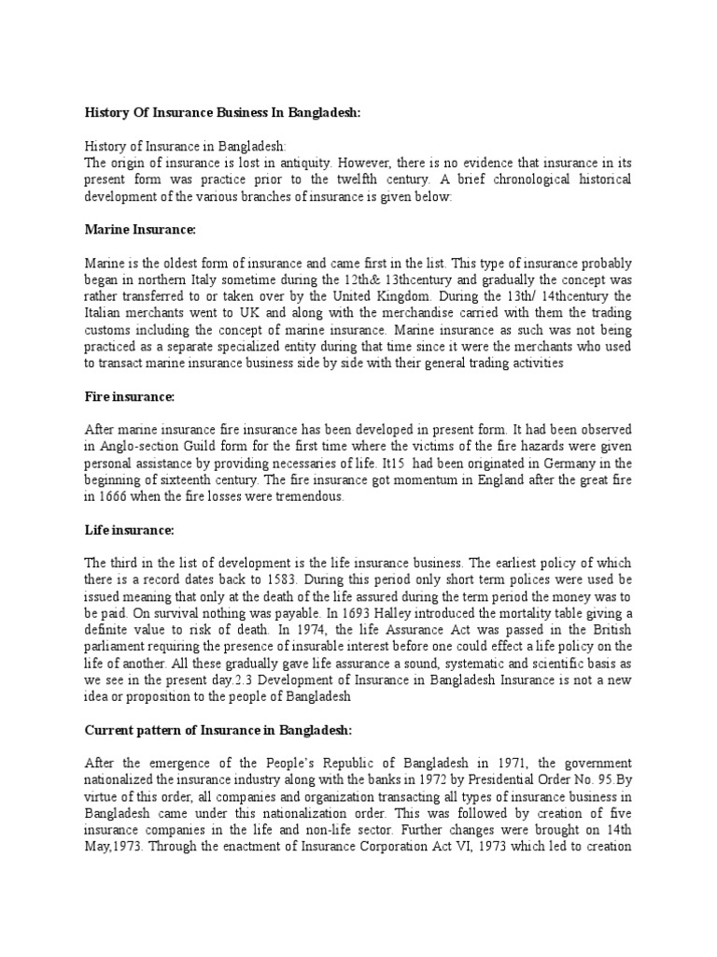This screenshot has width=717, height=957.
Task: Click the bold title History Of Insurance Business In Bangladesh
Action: click(x=222, y=113)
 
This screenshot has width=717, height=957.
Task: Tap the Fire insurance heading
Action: click(x=130, y=396)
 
